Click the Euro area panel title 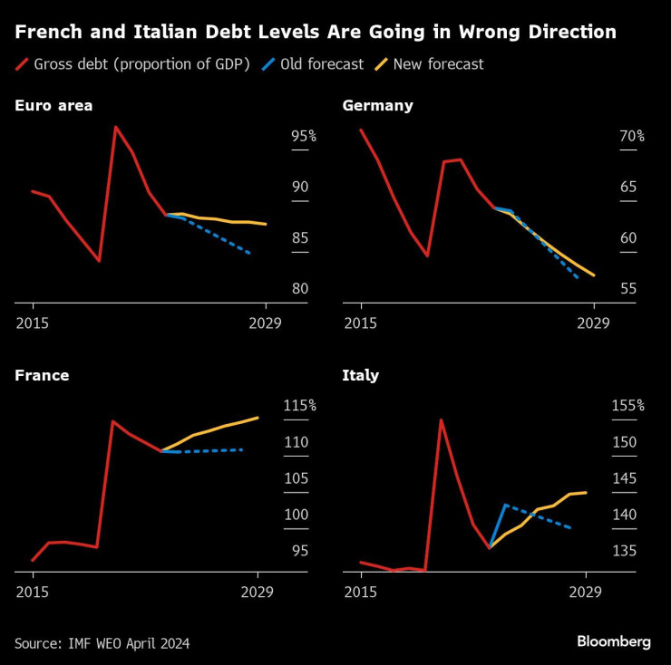pos(53,106)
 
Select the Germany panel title pos(377,106)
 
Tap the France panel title pos(42,375)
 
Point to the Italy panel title pos(361,375)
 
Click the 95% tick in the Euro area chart pos(303,137)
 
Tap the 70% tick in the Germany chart pos(631,137)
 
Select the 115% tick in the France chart pos(298,406)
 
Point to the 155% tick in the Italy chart pos(627,406)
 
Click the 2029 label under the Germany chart pos(594,323)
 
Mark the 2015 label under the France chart pos(33,592)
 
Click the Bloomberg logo pos(614,641)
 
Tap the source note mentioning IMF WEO pos(102,642)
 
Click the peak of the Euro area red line pos(115,127)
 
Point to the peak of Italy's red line pos(441,419)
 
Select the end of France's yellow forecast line pos(258,418)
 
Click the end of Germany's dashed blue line pos(578,277)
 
